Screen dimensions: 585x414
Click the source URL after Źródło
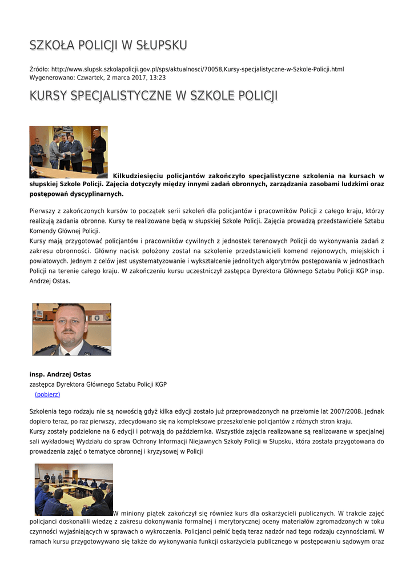(198, 69)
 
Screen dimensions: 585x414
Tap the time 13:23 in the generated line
(158, 77)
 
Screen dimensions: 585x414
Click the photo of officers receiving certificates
(69, 152)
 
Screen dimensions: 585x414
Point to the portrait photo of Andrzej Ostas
(71, 329)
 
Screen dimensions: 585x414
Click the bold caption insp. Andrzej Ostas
(60, 375)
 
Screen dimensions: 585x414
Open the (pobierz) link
(47, 394)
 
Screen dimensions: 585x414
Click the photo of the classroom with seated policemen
(74, 490)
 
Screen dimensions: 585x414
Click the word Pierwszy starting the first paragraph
(43, 211)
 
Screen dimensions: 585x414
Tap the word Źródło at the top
(39, 69)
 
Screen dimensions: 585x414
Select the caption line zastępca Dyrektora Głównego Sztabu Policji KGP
(98, 384)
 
